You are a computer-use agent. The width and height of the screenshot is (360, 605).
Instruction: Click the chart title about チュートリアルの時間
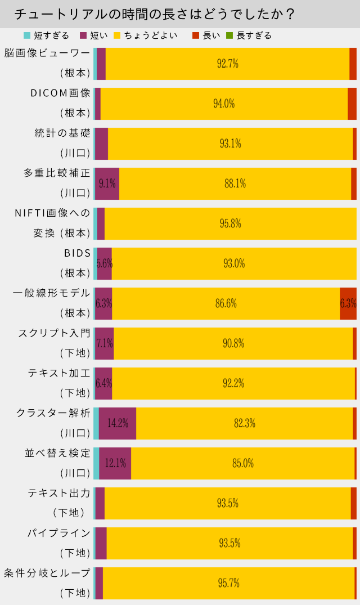[x=155, y=14]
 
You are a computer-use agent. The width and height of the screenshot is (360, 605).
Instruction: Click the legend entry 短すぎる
[x=51, y=35]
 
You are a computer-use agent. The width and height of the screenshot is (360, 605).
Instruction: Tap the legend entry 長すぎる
[x=254, y=35]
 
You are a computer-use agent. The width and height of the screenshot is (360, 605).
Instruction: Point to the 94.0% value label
[x=224, y=104]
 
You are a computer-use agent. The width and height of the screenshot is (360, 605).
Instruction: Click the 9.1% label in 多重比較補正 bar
[x=107, y=183]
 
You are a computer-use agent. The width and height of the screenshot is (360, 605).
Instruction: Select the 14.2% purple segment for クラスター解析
[x=118, y=423]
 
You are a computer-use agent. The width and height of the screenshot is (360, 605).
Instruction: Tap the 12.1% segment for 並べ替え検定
[x=115, y=463]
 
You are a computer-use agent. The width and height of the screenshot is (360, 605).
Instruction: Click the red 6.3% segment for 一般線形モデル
[x=348, y=303]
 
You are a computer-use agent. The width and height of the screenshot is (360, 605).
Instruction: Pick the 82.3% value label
[x=245, y=423]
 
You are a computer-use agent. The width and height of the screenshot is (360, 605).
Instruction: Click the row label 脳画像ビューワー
[x=47, y=53]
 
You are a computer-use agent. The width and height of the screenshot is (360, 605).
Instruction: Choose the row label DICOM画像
[x=60, y=93]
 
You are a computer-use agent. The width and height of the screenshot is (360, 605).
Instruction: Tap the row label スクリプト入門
[x=54, y=333]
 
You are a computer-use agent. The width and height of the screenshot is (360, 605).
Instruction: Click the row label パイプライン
[x=58, y=532]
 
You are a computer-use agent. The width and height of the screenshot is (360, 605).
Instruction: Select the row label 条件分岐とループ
[x=47, y=573]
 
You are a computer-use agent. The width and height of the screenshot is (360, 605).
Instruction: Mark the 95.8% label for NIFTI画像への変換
[x=231, y=223]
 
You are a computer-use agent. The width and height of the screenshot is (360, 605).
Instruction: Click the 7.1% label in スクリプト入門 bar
[x=105, y=343]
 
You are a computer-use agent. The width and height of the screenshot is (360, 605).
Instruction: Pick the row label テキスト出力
[x=58, y=493]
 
